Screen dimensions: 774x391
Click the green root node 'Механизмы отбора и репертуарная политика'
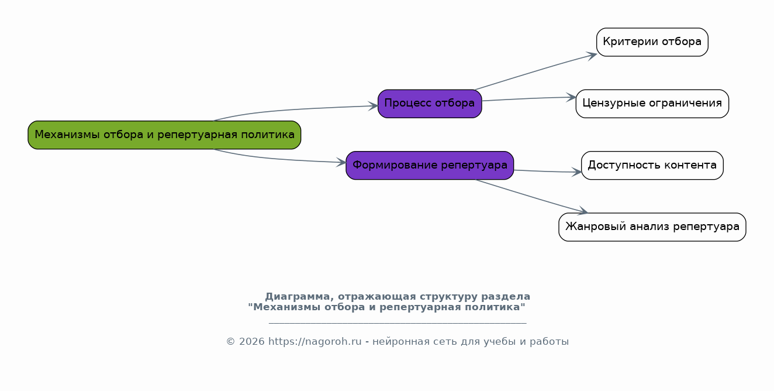[x=164, y=135]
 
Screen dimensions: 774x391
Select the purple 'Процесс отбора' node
[x=430, y=104]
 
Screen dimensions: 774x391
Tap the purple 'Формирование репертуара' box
[x=430, y=166]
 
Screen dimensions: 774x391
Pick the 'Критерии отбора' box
[x=652, y=42]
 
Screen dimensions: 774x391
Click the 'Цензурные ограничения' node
[x=652, y=104]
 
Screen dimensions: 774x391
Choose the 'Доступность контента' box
[x=652, y=166]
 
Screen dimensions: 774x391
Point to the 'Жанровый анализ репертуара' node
[x=652, y=227]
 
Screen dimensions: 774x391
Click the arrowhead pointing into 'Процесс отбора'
[x=373, y=106]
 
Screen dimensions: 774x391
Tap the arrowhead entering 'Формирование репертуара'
[x=341, y=162]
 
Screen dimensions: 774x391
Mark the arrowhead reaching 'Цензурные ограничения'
[x=571, y=97]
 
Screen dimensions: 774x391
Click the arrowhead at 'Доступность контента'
[x=576, y=172]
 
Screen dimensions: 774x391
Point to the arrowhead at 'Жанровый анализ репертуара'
[x=583, y=211]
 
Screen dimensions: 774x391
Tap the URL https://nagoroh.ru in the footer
[x=315, y=341]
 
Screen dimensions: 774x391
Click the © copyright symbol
[x=230, y=342]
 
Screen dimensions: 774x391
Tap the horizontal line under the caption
[x=398, y=323]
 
